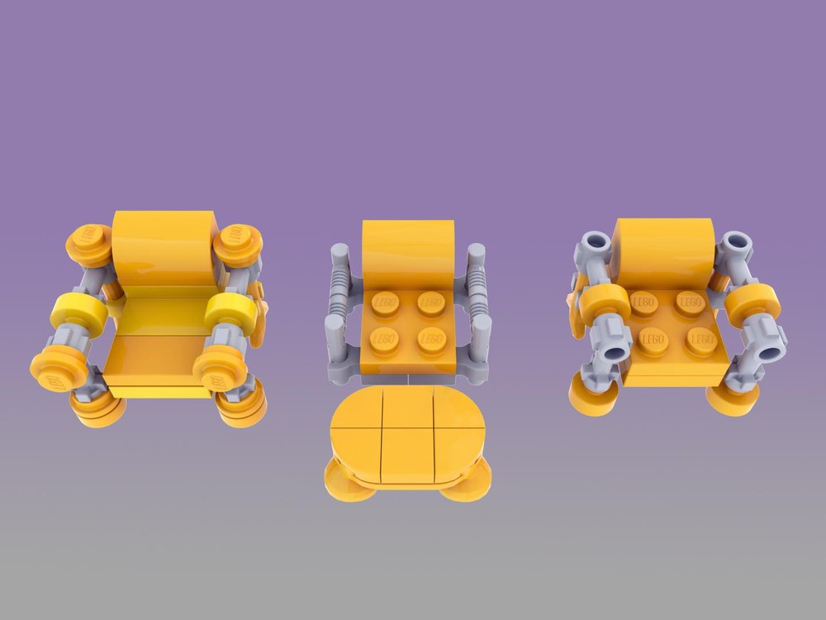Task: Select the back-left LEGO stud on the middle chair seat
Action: point(386,303)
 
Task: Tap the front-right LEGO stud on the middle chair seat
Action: point(432,339)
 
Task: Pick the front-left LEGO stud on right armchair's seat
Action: point(653,341)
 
